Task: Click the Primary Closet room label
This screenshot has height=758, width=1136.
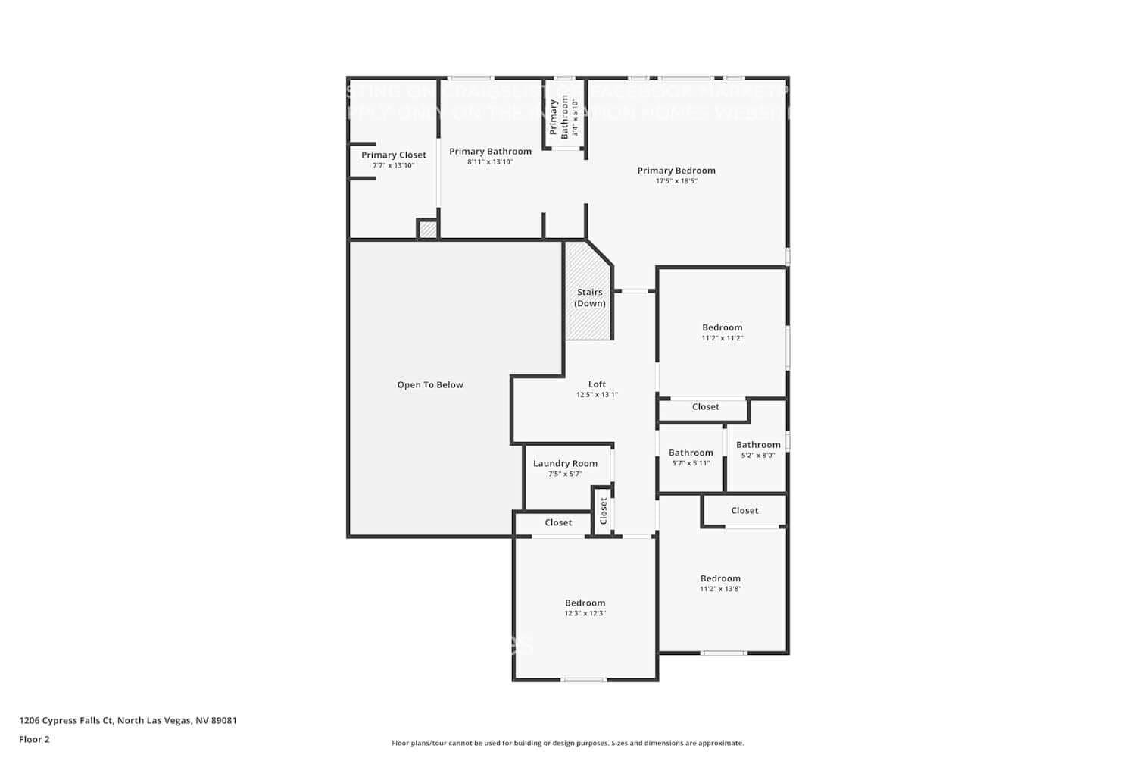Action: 393,155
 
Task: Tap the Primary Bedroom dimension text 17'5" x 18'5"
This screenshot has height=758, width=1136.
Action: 676,181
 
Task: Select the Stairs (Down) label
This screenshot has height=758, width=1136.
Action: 589,298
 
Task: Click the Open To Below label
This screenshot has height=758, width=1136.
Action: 430,385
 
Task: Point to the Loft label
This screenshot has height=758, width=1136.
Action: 597,384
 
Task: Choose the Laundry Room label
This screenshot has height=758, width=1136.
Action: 565,464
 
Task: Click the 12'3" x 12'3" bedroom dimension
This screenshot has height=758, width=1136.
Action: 585,613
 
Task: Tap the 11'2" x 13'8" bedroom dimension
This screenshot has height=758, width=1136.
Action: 720,589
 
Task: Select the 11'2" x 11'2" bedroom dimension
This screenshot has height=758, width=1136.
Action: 722,338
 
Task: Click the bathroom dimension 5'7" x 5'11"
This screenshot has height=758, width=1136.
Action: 691,463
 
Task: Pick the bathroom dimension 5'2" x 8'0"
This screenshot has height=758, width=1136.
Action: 758,456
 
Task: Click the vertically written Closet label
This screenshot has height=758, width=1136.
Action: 604,511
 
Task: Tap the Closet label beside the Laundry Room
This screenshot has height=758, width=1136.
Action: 558,522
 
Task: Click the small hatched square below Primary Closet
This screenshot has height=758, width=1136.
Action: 428,229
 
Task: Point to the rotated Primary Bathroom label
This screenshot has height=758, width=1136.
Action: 559,117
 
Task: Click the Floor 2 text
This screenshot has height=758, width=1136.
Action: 34,739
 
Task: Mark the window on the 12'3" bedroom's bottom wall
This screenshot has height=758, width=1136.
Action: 583,680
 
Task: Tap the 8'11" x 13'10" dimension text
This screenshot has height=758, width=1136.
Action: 490,162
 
